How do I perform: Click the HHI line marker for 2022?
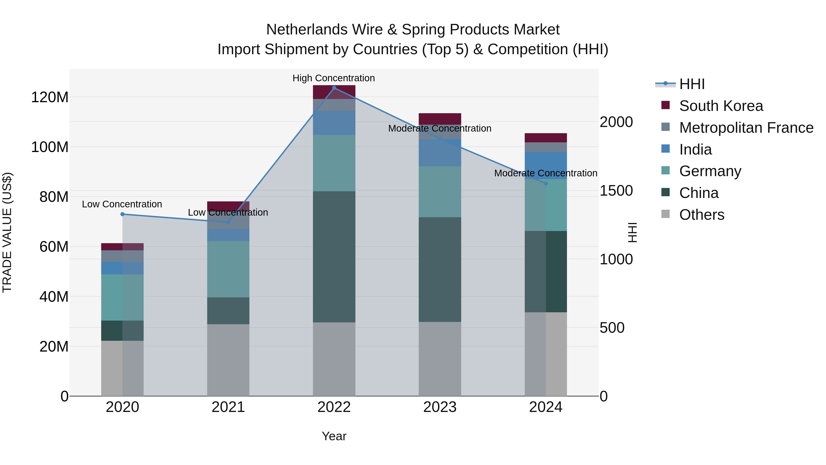(334, 88)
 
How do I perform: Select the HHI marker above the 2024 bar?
(546, 183)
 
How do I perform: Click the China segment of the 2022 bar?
(334, 257)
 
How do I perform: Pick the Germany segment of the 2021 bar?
(228, 269)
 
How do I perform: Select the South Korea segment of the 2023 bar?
(440, 119)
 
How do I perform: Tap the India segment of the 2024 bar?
(546, 165)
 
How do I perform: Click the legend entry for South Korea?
(721, 106)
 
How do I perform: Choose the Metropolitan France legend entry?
(746, 128)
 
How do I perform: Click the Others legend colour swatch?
(665, 214)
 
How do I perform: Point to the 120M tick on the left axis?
(50, 97)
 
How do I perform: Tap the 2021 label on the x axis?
(228, 407)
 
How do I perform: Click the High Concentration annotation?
(333, 78)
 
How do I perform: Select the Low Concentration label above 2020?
(122, 204)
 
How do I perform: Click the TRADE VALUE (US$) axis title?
(7, 232)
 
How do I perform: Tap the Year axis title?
(334, 436)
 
